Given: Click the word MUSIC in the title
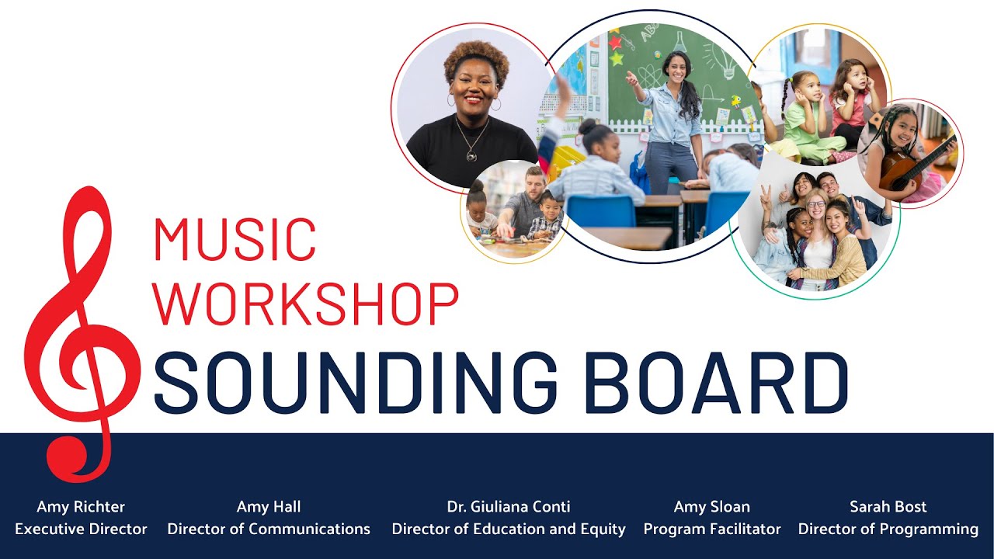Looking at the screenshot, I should pyautogui.click(x=235, y=239).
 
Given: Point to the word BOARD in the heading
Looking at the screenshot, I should pyautogui.click(x=715, y=383).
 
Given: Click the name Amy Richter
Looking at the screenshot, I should pyautogui.click(x=81, y=507).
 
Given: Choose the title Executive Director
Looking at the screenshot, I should pyautogui.click(x=81, y=529).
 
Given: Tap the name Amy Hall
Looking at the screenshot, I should pyautogui.click(x=269, y=507).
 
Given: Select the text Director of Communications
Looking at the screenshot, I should pyautogui.click(x=269, y=529).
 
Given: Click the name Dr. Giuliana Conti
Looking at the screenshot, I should pyautogui.click(x=509, y=507).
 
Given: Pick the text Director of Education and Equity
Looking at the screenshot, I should pyautogui.click(x=509, y=529).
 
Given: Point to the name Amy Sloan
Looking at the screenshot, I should pyautogui.click(x=712, y=507).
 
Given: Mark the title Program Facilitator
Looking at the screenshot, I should pyautogui.click(x=712, y=529).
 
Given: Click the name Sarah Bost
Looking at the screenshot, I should pyautogui.click(x=888, y=507).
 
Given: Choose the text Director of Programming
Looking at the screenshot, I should pyautogui.click(x=888, y=529).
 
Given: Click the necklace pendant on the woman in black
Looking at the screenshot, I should pyautogui.click(x=471, y=155).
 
